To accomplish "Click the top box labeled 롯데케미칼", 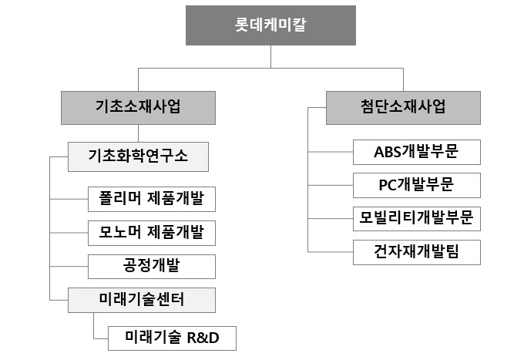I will click(x=269, y=25).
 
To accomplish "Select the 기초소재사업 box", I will click(x=139, y=107).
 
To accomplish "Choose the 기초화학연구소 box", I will click(x=138, y=156).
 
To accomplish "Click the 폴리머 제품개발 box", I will click(x=151, y=199).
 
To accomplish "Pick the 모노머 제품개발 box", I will click(x=151, y=232).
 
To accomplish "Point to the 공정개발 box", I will click(x=151, y=266).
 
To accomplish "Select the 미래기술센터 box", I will click(x=138, y=299).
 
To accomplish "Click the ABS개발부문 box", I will click(x=416, y=152).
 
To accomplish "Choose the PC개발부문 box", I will click(x=416, y=185).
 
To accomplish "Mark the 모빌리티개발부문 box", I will click(x=416, y=218).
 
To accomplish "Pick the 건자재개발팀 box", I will click(x=416, y=251).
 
